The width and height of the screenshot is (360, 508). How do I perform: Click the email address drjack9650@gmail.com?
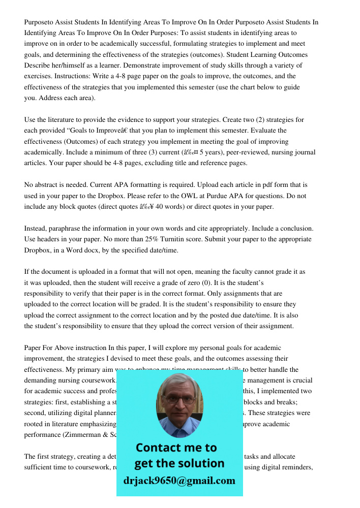(179, 481)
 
